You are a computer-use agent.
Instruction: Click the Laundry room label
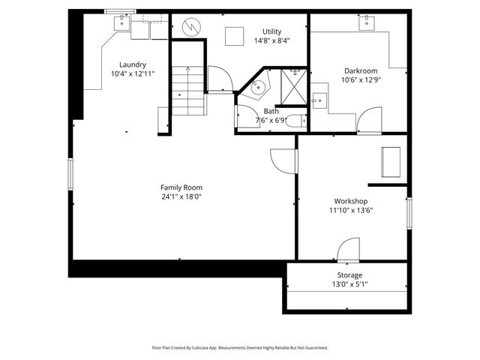(128, 64)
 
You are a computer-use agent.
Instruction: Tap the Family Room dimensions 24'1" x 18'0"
(181, 196)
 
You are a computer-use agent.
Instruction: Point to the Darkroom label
(349, 71)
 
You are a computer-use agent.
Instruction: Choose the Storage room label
(349, 275)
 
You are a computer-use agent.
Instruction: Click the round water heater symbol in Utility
(191, 26)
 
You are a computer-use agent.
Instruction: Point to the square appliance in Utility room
(234, 36)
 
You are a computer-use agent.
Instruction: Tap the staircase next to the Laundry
(187, 88)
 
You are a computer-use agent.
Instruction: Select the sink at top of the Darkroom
(367, 24)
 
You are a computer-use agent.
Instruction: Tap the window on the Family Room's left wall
(70, 173)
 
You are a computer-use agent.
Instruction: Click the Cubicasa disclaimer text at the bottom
(240, 348)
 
